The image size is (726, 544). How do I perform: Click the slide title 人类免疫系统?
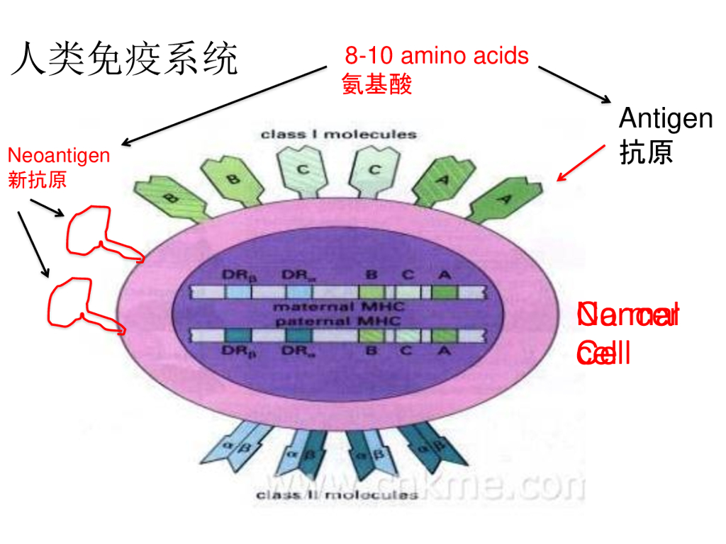coord(124,59)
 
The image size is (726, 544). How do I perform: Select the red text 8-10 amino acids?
coord(437,55)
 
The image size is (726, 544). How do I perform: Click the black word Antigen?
coord(666,118)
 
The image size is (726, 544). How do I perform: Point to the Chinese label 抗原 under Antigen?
coord(646,152)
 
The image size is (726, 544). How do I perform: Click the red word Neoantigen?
coord(59,155)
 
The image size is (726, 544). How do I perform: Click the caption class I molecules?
coord(339,134)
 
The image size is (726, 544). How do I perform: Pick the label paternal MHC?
coord(337,321)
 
